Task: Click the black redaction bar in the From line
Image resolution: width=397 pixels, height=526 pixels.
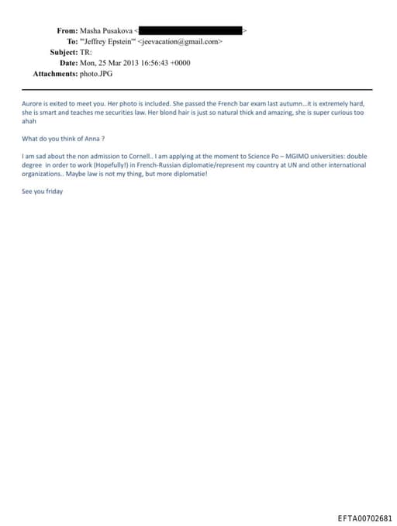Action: point(190,30)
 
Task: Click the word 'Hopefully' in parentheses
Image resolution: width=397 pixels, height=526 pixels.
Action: point(98,164)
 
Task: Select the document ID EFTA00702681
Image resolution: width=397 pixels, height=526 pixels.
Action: point(365,518)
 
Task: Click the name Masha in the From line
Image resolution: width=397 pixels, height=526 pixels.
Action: point(91,30)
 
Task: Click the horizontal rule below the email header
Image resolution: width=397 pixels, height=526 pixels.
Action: point(198,89)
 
